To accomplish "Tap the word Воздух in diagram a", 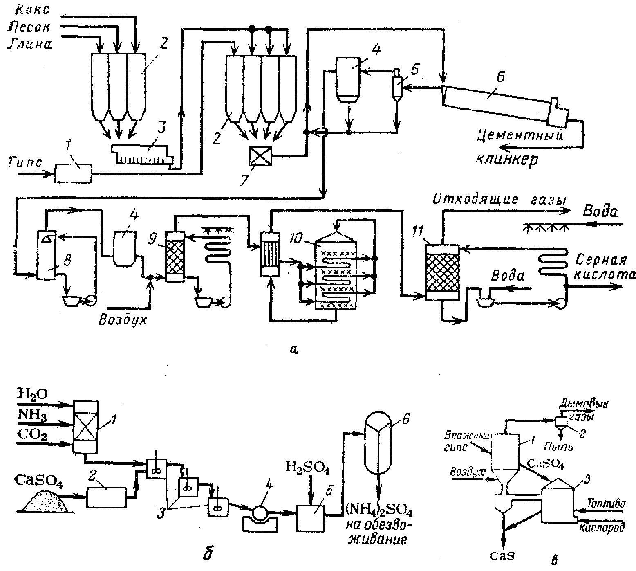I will [x=123, y=319].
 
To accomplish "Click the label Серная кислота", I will [x=605, y=268].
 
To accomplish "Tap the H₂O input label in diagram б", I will [x=33, y=395].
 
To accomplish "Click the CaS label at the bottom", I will [x=502, y=555].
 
